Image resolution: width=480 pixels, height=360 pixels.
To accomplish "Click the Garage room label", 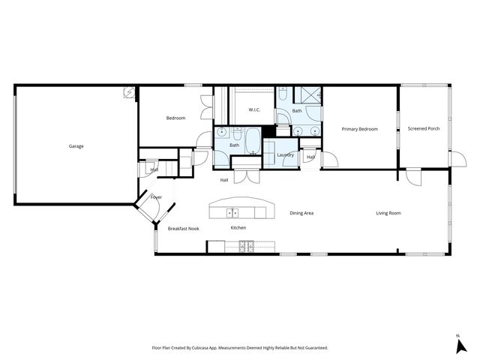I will point(76,146).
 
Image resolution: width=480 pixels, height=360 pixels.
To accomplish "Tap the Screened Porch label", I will point(424,129).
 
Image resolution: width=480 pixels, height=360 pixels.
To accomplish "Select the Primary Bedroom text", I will point(359,129).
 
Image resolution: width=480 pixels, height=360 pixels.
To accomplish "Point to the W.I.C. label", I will point(254,110).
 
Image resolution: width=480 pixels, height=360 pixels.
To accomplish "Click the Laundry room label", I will point(285,155).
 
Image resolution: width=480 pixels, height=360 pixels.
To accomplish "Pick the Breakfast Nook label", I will point(183,228).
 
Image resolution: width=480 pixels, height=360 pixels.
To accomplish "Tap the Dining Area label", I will point(301,213).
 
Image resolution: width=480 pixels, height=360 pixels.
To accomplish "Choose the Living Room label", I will point(388,213).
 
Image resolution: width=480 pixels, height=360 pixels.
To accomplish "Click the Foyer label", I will point(156,197).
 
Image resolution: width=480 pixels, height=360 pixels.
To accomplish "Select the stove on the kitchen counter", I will point(246,245).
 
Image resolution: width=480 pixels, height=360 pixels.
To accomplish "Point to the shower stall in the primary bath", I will point(307,95).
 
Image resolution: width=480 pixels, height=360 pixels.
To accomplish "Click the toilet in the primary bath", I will point(282,94).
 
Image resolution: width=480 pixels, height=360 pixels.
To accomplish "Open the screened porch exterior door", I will point(452,158).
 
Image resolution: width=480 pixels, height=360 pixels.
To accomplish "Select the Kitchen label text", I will point(238,228).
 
